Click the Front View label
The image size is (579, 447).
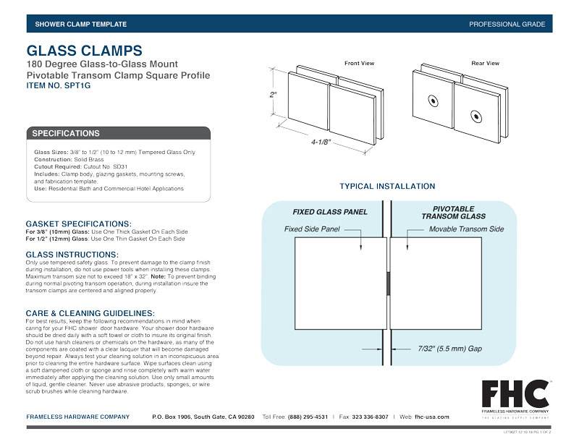tap(359, 64)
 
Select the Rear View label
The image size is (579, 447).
tap(485, 64)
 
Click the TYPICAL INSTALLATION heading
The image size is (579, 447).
tap(389, 187)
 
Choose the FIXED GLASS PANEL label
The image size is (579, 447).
tap(330, 212)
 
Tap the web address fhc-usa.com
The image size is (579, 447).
tap(432, 417)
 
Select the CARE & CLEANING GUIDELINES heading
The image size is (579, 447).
tap(90, 312)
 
